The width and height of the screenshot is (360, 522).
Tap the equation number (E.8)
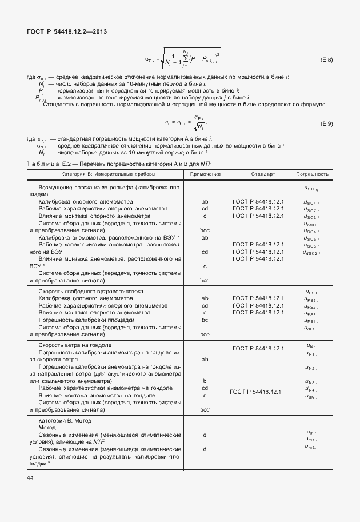pyautogui.click(x=326, y=58)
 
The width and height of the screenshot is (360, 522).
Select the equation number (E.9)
pyautogui.click(x=326, y=124)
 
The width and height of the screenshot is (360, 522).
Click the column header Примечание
pyautogui.click(x=205, y=173)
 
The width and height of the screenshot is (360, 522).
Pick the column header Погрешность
pyautogui.click(x=312, y=173)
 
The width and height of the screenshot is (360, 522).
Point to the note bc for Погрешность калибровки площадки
pyautogui.click(x=205, y=320)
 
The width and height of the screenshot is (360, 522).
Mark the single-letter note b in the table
pyautogui.click(x=205, y=380)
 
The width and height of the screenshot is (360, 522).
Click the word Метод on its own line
pyautogui.click(x=47, y=428)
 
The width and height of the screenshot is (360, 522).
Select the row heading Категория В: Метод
pyautogui.click(x=69, y=420)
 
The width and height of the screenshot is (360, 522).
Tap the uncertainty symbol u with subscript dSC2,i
pyautogui.click(x=312, y=253)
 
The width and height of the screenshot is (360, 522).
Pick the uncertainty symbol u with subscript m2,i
pyautogui.click(x=312, y=447)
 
